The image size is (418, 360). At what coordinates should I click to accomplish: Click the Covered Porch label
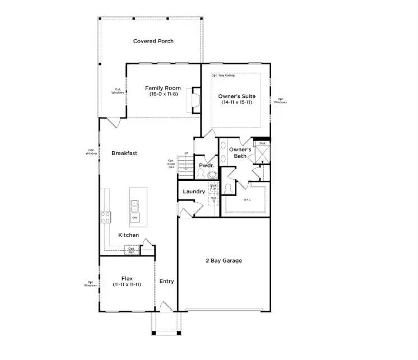point(153,41)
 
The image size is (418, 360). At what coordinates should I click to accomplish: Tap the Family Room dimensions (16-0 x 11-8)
point(162,95)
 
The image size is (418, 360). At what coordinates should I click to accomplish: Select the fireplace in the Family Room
point(196,100)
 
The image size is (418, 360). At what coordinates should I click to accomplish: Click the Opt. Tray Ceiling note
point(223,75)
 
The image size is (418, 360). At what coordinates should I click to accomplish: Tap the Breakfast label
point(124,153)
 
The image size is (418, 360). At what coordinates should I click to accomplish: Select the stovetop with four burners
point(105,217)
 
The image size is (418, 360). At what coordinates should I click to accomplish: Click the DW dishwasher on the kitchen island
point(135,217)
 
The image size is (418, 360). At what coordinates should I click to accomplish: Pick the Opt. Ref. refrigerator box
point(131,250)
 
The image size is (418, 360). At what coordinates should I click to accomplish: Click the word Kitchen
point(128,235)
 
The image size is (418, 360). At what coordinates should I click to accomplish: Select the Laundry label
point(194,191)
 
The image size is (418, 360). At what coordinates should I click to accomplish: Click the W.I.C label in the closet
point(247,199)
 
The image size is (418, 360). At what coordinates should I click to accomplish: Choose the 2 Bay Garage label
point(223,260)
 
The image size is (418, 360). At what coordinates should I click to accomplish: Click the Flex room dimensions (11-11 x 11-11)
point(127,284)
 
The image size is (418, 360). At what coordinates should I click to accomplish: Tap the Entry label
point(166,281)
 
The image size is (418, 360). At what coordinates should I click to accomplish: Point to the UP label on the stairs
point(185,153)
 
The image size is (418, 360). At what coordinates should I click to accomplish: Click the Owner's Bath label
point(241,153)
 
